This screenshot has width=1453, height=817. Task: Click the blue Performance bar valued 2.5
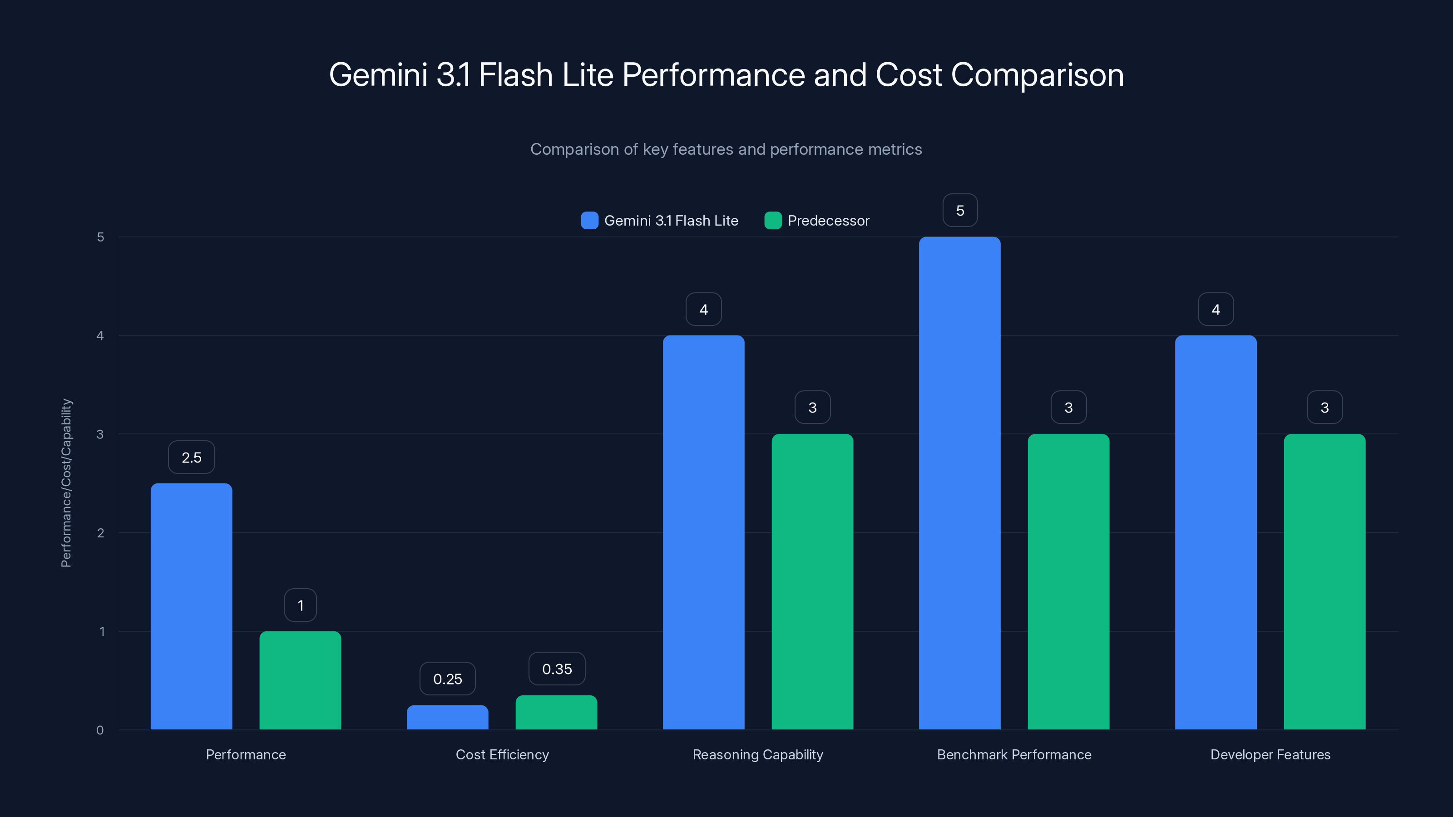click(191, 606)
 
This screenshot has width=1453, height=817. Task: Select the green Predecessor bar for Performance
click(300, 680)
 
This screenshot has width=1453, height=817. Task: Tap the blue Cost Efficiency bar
click(447, 717)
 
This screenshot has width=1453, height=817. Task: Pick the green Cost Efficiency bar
click(556, 712)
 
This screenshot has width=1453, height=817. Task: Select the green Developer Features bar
click(1325, 581)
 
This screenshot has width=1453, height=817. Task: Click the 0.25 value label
click(447, 679)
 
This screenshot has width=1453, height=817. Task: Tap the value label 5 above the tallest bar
click(960, 210)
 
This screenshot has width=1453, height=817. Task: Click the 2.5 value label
click(191, 457)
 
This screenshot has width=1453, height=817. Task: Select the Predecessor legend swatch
click(773, 221)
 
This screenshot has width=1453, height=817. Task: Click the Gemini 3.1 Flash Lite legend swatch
click(589, 221)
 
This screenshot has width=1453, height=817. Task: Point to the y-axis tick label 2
click(100, 533)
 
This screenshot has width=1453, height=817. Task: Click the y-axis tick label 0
click(100, 730)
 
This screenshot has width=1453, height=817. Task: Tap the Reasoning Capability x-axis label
click(757, 754)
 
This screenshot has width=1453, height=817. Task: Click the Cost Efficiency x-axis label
click(502, 754)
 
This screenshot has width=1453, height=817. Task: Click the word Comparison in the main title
click(1037, 75)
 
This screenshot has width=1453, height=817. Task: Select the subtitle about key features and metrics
click(726, 149)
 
